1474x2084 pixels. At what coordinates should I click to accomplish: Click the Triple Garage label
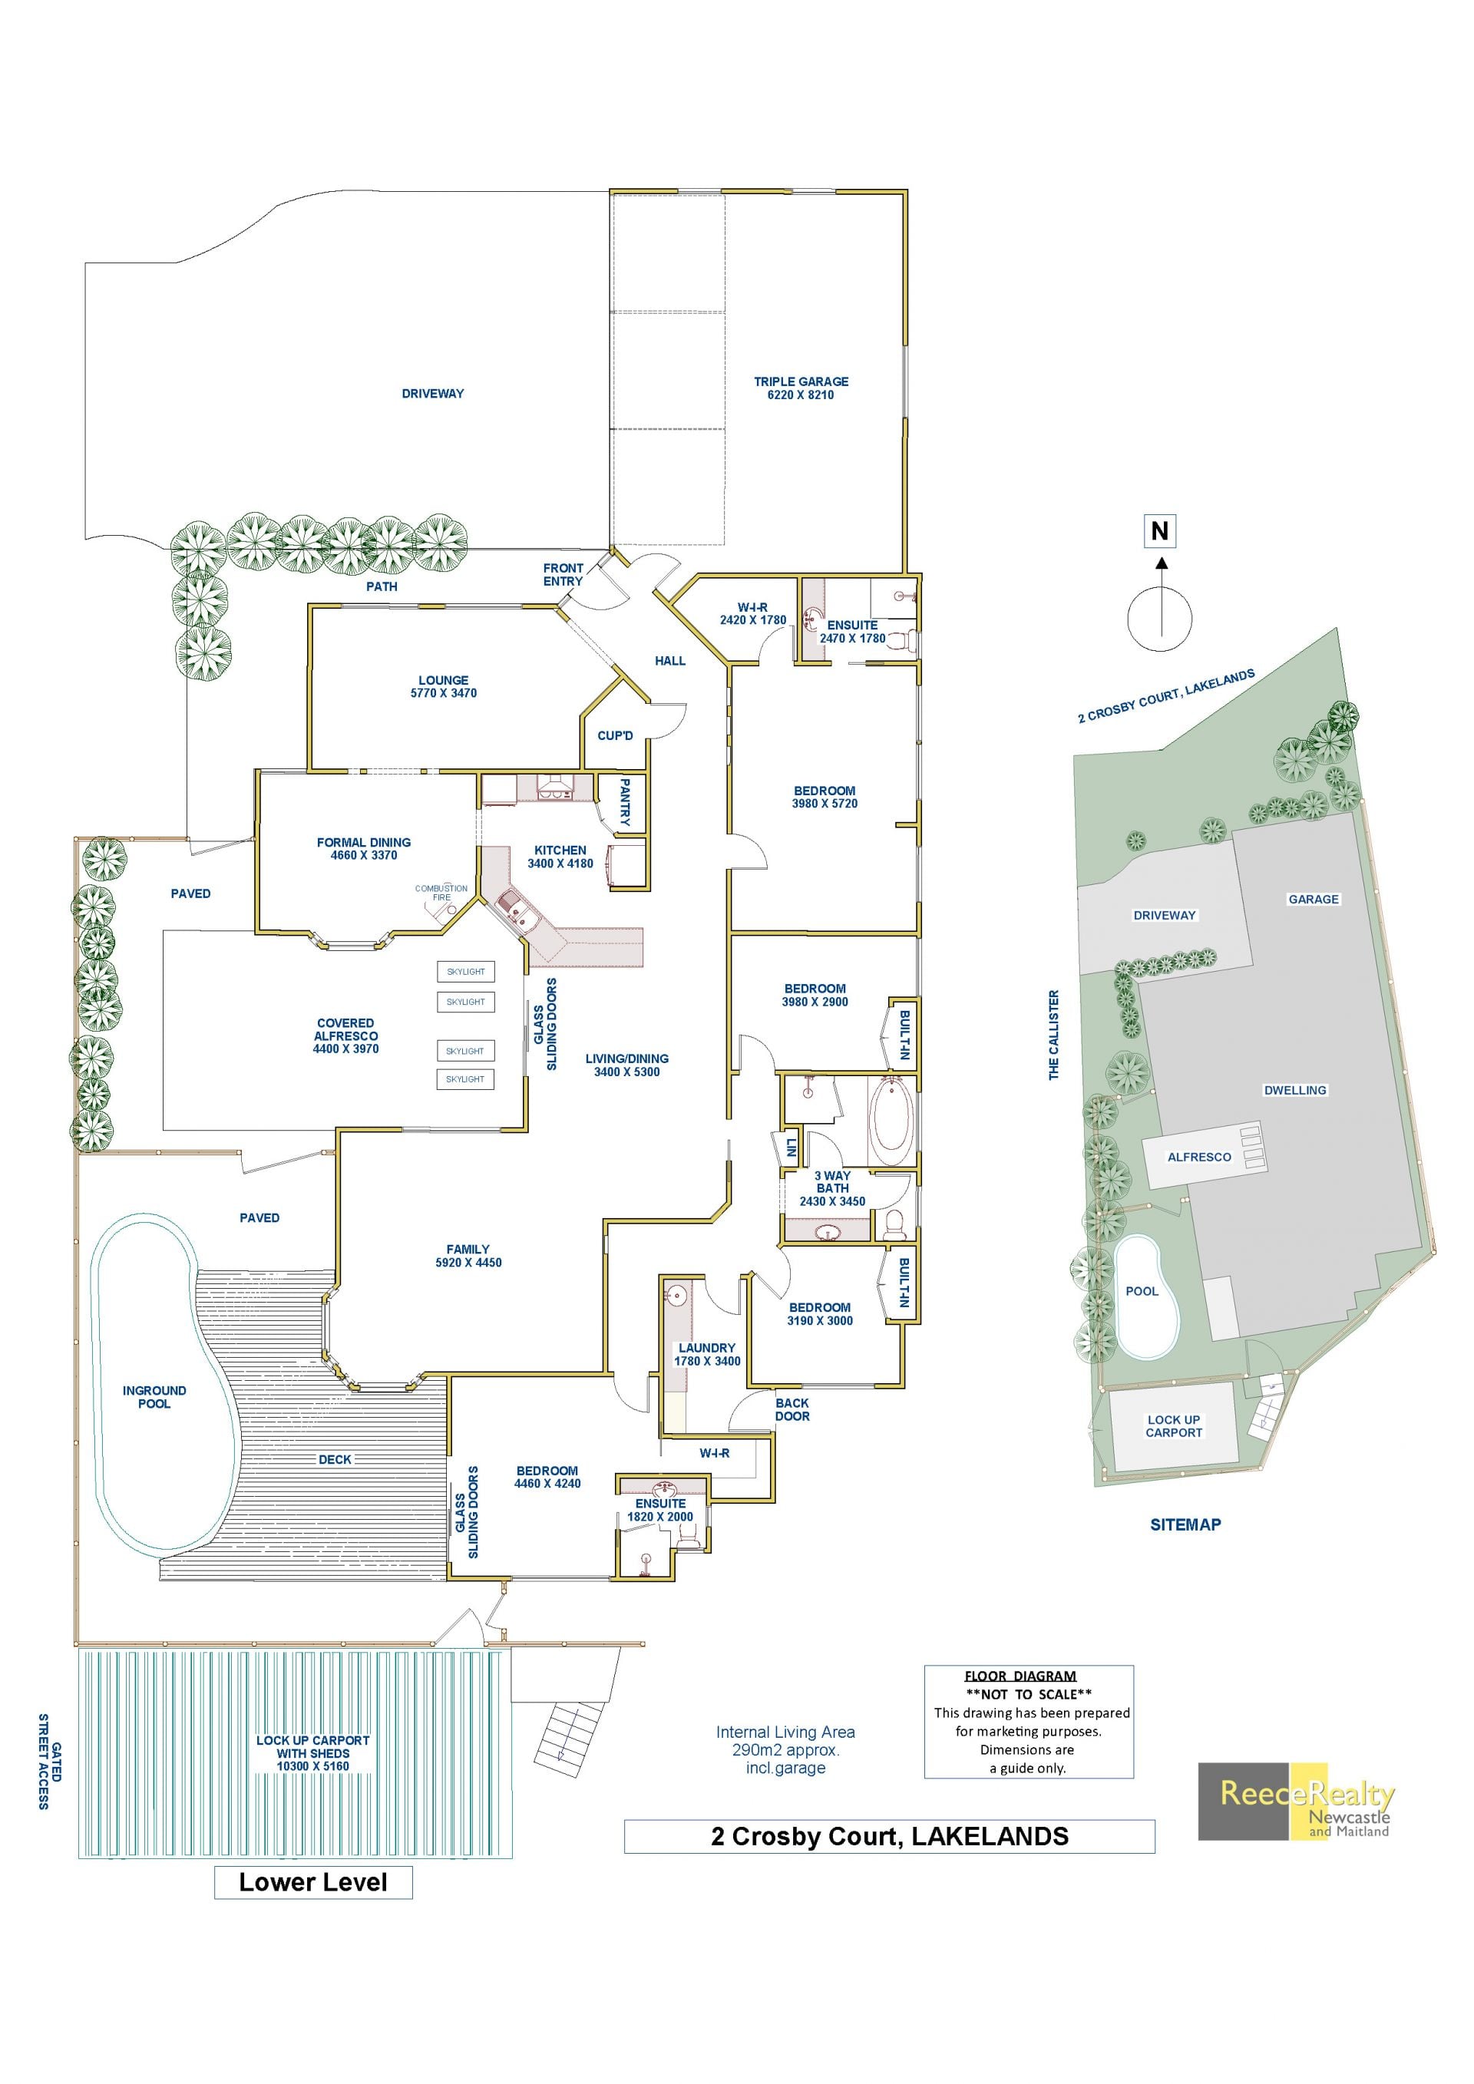point(801,381)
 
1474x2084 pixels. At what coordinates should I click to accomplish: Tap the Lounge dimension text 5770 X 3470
point(444,693)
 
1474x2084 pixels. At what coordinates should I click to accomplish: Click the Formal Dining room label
point(364,842)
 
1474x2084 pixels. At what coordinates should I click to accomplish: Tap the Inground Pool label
point(154,1397)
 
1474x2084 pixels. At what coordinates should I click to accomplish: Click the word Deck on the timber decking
point(335,1459)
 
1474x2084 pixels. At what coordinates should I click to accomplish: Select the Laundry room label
point(707,1348)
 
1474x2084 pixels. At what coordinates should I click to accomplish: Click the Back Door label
point(792,1409)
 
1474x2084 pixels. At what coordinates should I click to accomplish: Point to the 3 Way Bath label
point(832,1182)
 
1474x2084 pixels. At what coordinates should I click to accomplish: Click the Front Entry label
point(563,575)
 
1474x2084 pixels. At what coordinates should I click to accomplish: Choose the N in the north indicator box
point(1160,530)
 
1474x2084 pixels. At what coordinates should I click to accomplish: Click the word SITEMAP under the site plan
point(1185,1525)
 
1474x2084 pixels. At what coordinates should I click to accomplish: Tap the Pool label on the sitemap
point(1142,1291)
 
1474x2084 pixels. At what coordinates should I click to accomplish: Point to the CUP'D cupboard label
point(616,735)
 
